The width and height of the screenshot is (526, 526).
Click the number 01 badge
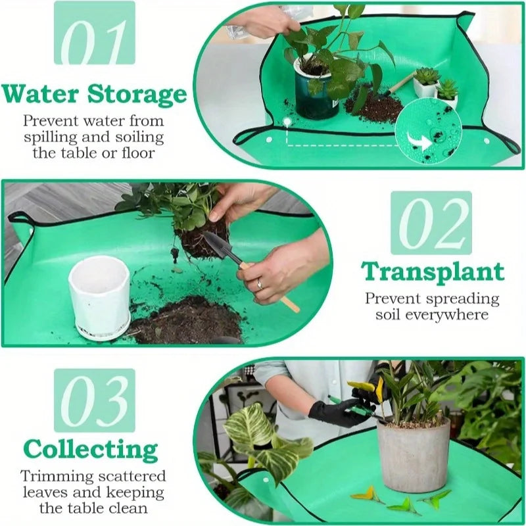point(95,37)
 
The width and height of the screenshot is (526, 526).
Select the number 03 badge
point(95,400)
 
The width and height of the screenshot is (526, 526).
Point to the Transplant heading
point(432,271)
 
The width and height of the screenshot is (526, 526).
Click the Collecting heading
point(91,450)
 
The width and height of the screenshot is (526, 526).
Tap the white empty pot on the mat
point(99,297)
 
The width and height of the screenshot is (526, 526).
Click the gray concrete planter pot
point(413,454)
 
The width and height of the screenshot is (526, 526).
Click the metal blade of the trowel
point(218,246)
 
